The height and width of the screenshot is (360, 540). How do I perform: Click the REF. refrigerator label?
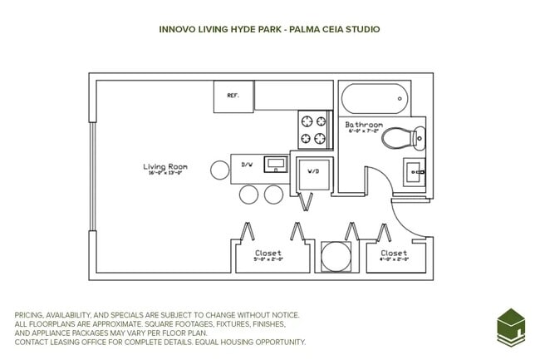pos(233,96)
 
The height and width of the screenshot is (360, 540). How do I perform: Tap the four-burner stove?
pos(316,130)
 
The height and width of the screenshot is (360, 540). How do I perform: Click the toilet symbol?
pos(406,138)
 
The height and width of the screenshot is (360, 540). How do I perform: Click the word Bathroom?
pos(363,123)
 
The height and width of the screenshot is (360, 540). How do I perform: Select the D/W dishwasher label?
pos(247,165)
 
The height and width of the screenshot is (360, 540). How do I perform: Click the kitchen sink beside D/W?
pos(274,164)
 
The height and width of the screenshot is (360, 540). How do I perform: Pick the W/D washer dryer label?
pos(313,171)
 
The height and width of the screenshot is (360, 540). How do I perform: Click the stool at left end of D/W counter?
pos(219,170)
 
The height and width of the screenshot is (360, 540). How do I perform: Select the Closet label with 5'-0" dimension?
pos(268,253)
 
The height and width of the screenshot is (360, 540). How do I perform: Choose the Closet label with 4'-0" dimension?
pos(394,253)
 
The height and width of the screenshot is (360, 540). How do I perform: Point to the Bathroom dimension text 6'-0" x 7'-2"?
pos(362,131)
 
